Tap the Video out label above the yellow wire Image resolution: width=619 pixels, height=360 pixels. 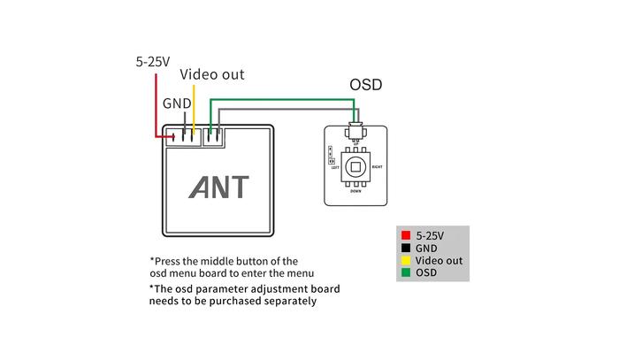(x=212, y=75)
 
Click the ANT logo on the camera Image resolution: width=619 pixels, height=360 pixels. (x=220, y=187)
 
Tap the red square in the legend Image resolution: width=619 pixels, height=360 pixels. (x=405, y=236)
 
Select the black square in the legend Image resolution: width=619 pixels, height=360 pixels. (x=405, y=249)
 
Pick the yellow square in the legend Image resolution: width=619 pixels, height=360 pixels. (x=405, y=261)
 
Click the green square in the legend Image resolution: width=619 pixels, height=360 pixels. (x=405, y=273)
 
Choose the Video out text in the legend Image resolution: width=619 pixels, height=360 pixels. (x=439, y=261)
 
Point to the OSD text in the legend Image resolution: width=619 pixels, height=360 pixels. (x=426, y=273)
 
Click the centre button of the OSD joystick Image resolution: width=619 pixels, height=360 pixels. (x=355, y=166)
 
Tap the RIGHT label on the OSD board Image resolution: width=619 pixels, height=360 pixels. (x=378, y=165)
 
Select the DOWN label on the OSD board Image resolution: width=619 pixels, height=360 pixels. (x=355, y=191)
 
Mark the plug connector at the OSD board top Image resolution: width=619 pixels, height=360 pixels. (x=355, y=132)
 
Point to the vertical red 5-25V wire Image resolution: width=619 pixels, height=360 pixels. (x=157, y=102)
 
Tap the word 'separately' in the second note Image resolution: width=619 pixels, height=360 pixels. (x=287, y=301)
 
